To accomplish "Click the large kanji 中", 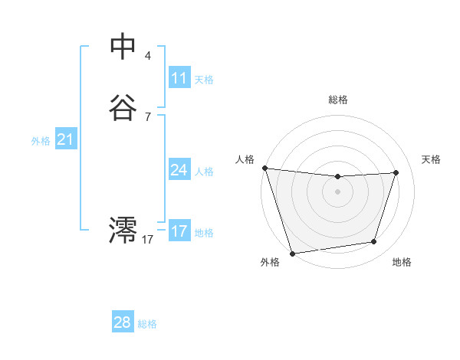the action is (x=123, y=46).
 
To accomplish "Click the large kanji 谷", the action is (x=123, y=108).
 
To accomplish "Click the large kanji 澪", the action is (x=123, y=229).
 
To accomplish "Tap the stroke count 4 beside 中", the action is (x=147, y=55).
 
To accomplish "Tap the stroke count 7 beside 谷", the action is (x=147, y=116).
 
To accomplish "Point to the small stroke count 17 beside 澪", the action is (x=147, y=239).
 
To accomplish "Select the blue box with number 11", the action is (x=179, y=78).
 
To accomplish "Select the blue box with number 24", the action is (x=179, y=170).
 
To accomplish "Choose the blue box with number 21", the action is (x=65, y=139).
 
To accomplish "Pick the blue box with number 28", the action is (x=123, y=322).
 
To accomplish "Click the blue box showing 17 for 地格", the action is (x=179, y=231).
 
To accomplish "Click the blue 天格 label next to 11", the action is (x=204, y=80).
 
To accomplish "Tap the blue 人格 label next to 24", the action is (x=204, y=172).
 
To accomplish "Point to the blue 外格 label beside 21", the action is (x=41, y=141).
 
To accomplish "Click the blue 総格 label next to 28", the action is (x=147, y=324).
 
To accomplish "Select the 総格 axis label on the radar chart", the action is (x=338, y=100).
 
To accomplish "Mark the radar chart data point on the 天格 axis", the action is (x=396, y=172).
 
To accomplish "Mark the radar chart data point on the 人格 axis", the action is (x=264, y=168).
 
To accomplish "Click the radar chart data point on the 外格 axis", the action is (x=292, y=253).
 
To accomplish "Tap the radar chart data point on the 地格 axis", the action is (x=374, y=242).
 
